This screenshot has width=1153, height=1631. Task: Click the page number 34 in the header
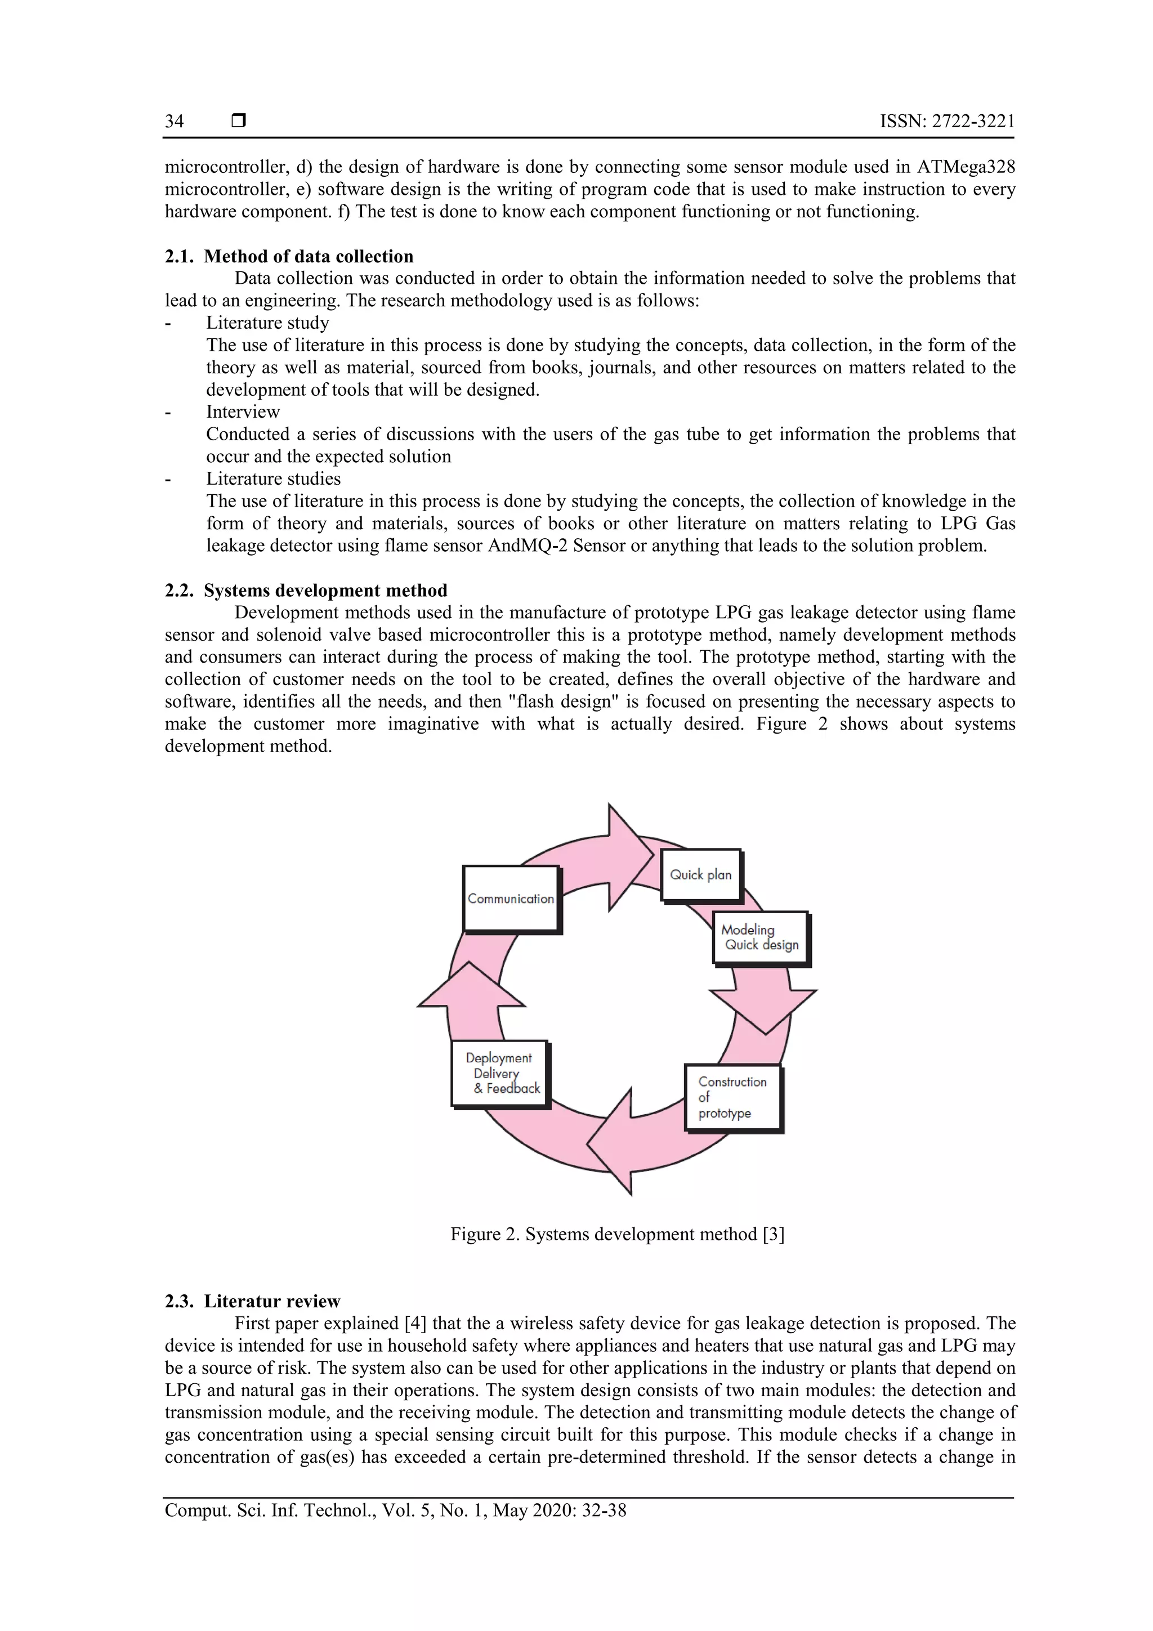point(174,122)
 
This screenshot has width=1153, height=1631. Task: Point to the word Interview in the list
point(243,412)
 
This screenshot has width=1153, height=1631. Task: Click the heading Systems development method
point(325,591)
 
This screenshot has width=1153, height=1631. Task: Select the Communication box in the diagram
point(510,899)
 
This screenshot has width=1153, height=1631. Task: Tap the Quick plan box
point(700,875)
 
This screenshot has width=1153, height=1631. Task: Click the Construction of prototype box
point(732,1097)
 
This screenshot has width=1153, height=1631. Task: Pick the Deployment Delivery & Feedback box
point(499,1074)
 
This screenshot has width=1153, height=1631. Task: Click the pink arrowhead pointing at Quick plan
point(629,856)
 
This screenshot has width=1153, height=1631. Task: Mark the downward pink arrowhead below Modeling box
point(765,1009)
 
